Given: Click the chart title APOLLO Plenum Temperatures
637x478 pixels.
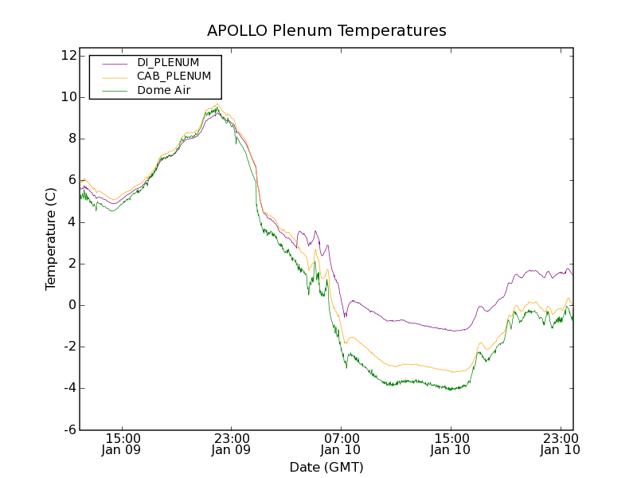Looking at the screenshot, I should (326, 31).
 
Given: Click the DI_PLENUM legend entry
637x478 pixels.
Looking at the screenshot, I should (168, 62).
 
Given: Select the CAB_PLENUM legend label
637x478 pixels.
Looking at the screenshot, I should (174, 76).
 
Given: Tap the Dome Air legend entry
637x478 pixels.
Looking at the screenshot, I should (163, 90).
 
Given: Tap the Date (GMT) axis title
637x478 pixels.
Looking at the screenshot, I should (326, 467).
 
